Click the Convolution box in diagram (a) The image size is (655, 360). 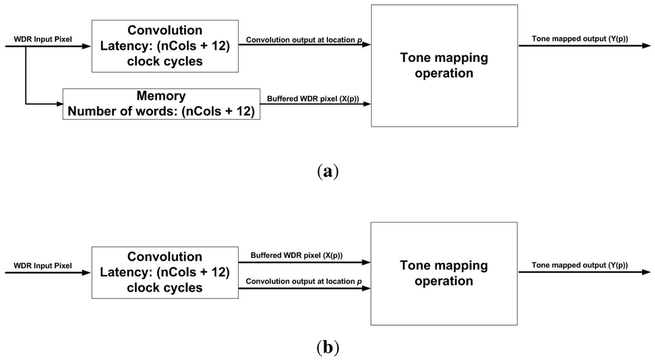pos(164,45)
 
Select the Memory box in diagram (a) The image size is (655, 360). pos(161,104)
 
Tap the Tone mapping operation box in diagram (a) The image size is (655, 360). pos(444,65)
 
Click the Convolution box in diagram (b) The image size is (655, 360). pos(164,272)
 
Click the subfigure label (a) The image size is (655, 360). pos(327,171)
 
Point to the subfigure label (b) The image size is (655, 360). pos(327,348)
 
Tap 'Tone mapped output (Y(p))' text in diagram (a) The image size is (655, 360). pos(580,40)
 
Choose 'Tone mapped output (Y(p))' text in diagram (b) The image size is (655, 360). pos(580,265)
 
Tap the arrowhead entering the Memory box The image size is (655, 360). pos(58,104)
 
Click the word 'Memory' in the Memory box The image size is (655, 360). pos(161,97)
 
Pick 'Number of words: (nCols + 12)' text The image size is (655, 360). pos(161,111)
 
